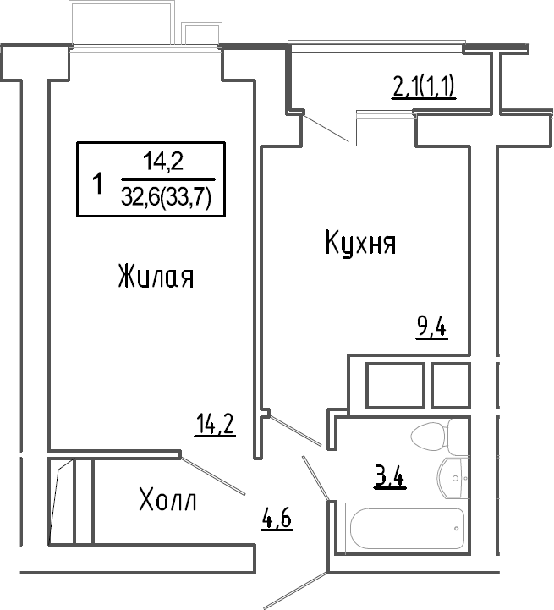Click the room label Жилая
pos(156,276)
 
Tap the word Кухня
pos(360,243)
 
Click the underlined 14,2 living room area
pos(215,424)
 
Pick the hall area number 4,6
pos(277,519)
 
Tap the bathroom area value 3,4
pos(390,477)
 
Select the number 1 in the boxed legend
pos(98,184)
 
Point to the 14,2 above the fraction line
pos(163,162)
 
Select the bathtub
pos(408,528)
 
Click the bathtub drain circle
pos(456,528)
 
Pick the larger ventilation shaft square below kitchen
pos(395,386)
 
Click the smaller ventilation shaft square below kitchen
pos(451,386)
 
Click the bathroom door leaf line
pos(316,478)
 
